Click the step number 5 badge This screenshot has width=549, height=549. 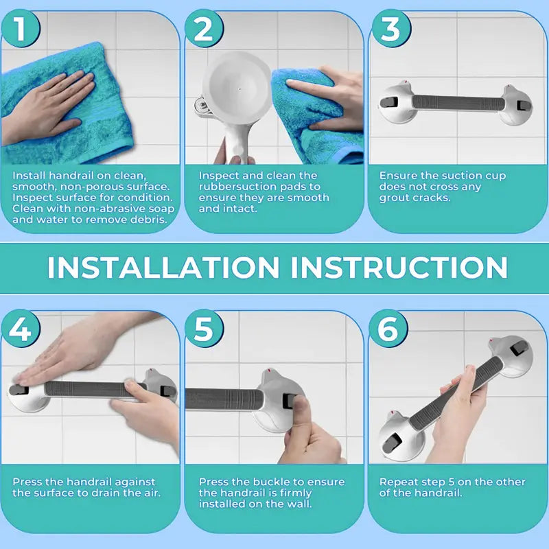pyautogui.click(x=203, y=329)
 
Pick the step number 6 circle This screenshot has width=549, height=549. pyautogui.click(x=388, y=329)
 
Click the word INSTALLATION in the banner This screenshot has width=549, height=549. pyautogui.click(x=163, y=267)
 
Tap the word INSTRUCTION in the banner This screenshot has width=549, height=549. pyautogui.click(x=399, y=267)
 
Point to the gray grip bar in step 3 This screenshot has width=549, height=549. pyautogui.click(x=458, y=103)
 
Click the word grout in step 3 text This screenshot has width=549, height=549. pyautogui.click(x=394, y=198)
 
